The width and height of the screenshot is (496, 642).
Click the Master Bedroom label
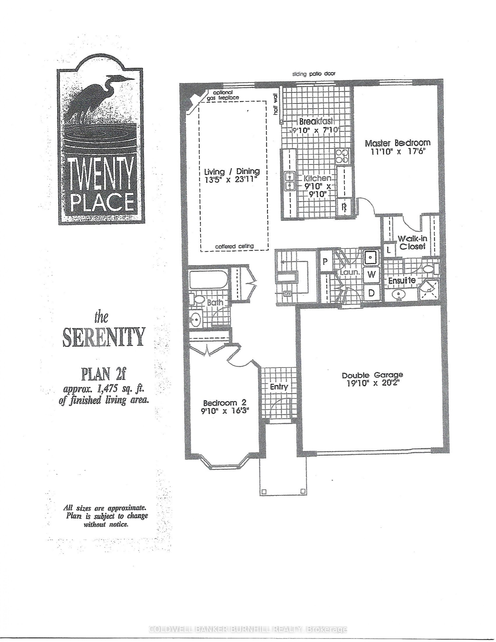point(398,143)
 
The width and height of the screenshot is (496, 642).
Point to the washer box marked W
point(372,275)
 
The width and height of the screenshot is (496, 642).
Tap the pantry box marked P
point(325,261)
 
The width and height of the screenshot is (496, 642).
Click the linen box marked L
point(389,250)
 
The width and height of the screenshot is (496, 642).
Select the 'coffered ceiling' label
point(234,246)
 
